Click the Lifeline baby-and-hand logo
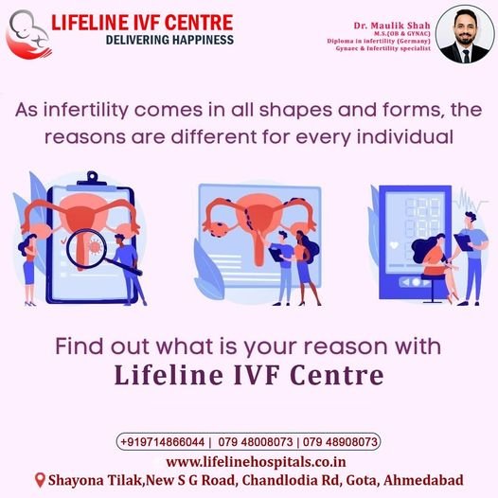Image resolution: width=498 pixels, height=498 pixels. point(28,34)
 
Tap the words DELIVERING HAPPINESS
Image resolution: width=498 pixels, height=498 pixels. point(169,40)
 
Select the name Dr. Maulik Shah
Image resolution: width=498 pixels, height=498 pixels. point(392,26)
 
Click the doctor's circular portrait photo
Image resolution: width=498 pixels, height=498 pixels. point(465,34)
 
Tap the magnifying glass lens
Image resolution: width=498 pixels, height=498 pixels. point(86,248)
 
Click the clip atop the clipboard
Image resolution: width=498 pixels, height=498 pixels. point(92,179)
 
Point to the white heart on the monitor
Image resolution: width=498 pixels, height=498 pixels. point(394,245)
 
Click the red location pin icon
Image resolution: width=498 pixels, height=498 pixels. point(40,480)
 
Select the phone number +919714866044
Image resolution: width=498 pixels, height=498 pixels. point(163,442)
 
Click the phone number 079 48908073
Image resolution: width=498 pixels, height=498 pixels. point(340,442)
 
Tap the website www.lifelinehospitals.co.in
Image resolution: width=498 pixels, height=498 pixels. point(256,461)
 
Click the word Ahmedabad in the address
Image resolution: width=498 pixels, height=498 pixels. point(423,480)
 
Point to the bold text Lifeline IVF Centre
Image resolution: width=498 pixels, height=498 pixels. point(249,375)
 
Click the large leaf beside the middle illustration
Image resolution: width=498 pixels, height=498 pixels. point(209,270)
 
